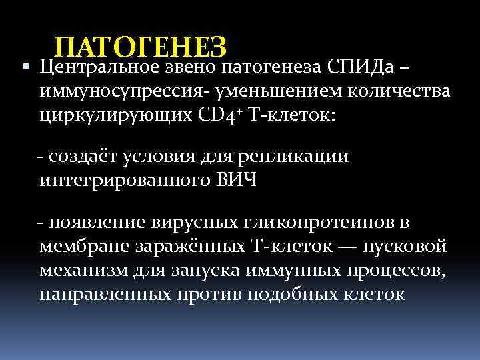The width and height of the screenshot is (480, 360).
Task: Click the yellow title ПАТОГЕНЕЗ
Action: [141, 47]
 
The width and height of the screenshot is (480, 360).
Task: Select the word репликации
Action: [301, 157]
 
